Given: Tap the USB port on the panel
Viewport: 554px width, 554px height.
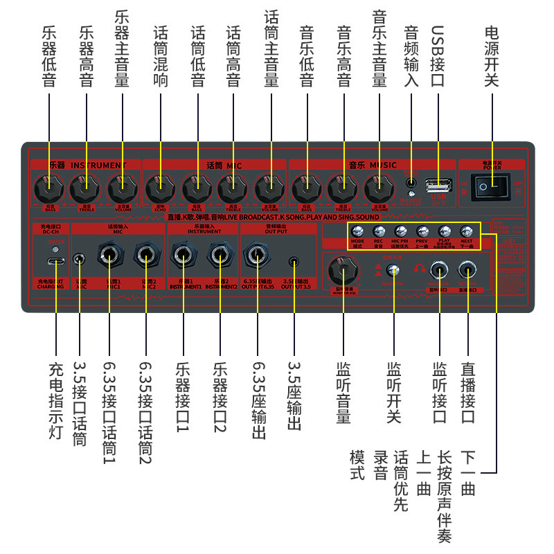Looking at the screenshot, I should tap(438, 185).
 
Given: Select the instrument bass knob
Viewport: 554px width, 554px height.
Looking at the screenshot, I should tap(50, 186).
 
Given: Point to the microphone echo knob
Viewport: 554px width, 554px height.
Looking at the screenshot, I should tap(161, 186).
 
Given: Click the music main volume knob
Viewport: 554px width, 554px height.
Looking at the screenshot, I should tap(379, 186).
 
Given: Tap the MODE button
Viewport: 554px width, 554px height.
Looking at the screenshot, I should tap(357, 231).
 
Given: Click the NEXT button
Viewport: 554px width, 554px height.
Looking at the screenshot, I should tap(467, 231).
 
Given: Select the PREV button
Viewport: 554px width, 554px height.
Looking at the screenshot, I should tap(422, 231).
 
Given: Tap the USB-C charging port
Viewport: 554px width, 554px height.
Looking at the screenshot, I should tap(55, 262).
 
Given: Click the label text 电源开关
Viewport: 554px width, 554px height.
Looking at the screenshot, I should tap(492, 56).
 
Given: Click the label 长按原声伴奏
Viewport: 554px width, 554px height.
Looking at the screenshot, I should tap(445, 497).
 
